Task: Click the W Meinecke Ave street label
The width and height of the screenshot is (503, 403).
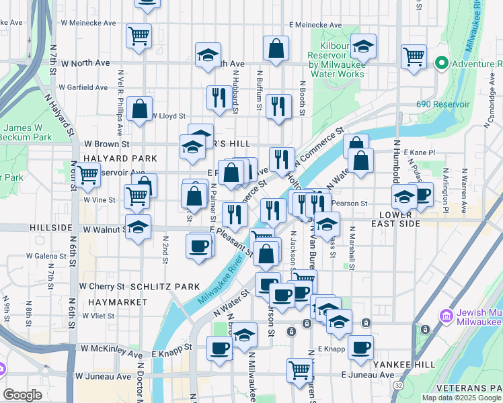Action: (x=87, y=24)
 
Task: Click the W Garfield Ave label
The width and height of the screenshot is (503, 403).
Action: (x=83, y=87)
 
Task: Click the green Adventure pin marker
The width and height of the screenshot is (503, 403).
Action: (x=442, y=64)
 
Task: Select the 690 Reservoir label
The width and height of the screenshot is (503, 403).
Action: (x=442, y=105)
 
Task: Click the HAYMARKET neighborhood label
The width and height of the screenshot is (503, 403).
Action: (x=117, y=302)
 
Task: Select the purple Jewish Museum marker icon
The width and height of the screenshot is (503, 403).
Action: (x=444, y=315)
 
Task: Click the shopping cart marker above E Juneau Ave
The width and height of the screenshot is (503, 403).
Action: (x=299, y=369)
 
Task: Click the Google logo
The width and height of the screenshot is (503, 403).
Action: (x=23, y=395)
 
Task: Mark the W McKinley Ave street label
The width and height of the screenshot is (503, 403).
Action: (x=112, y=349)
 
